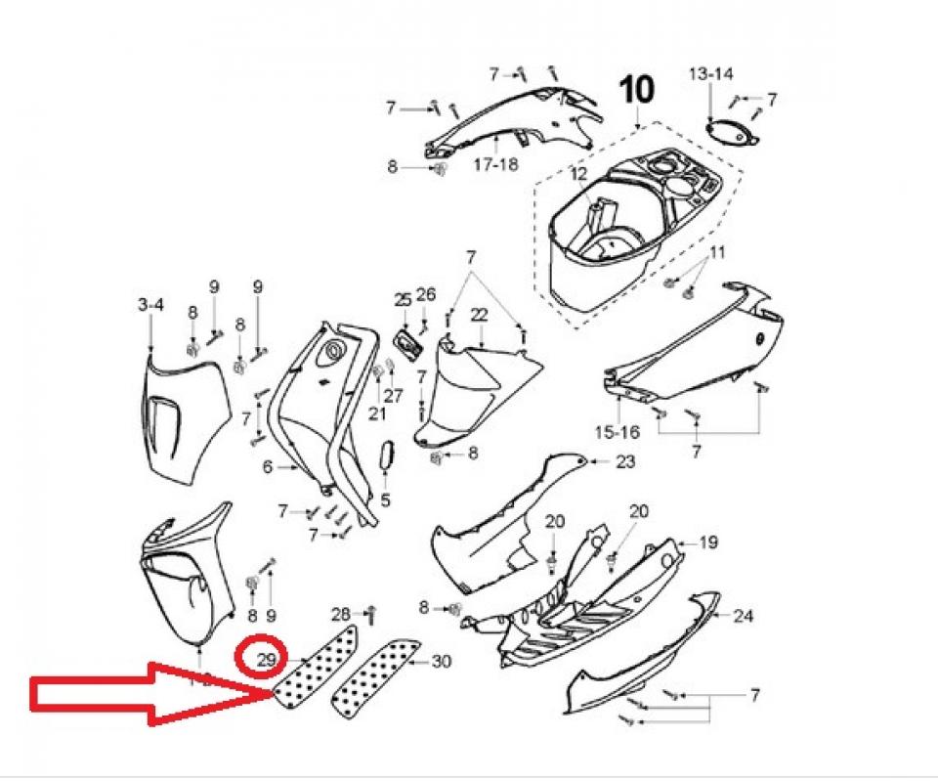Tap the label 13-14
(x=710, y=73)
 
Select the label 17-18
(x=496, y=164)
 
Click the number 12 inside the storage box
(x=579, y=174)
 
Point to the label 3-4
(x=150, y=305)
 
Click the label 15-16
(x=618, y=431)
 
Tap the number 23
(x=625, y=461)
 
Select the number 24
(x=743, y=615)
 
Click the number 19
(x=708, y=542)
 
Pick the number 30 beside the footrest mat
(x=441, y=662)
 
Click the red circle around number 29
(x=261, y=657)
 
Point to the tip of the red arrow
(x=274, y=694)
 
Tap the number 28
(x=341, y=614)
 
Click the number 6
(x=268, y=466)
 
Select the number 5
(x=385, y=499)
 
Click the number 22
(x=480, y=314)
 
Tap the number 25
(x=404, y=298)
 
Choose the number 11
(x=716, y=252)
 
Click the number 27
(x=393, y=395)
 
